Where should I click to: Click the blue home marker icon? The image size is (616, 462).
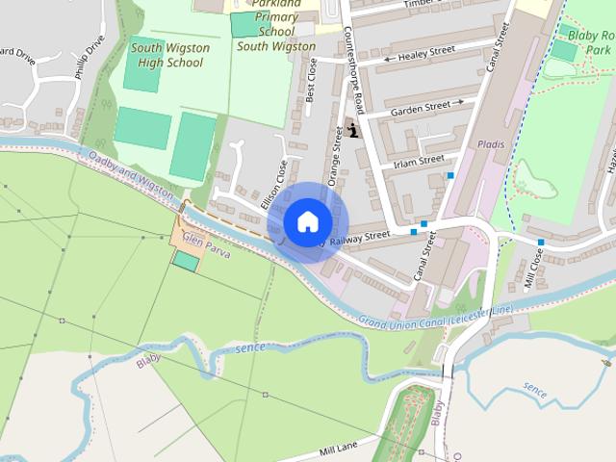point(307,221)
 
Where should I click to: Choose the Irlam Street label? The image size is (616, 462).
point(419,159)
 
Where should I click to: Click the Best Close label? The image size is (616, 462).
point(311,80)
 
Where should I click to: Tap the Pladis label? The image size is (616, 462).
point(491,143)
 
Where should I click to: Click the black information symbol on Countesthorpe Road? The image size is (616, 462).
point(354,130)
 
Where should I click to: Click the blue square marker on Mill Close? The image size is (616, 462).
point(541,242)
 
